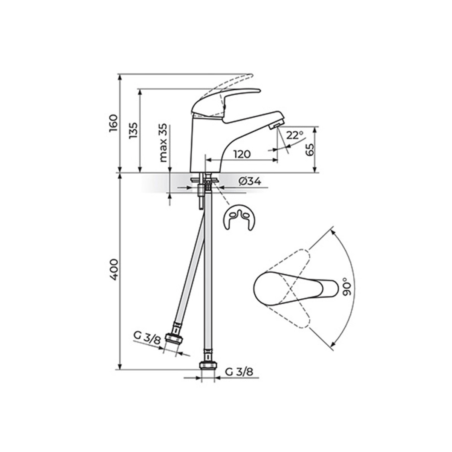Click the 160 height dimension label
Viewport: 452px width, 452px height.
point(113,124)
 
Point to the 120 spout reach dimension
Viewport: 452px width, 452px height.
point(242,154)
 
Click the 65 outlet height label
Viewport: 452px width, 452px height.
point(310,149)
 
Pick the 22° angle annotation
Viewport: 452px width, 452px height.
point(295,135)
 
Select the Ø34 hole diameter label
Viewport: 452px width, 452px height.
point(250,182)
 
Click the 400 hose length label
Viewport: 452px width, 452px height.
point(113,270)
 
